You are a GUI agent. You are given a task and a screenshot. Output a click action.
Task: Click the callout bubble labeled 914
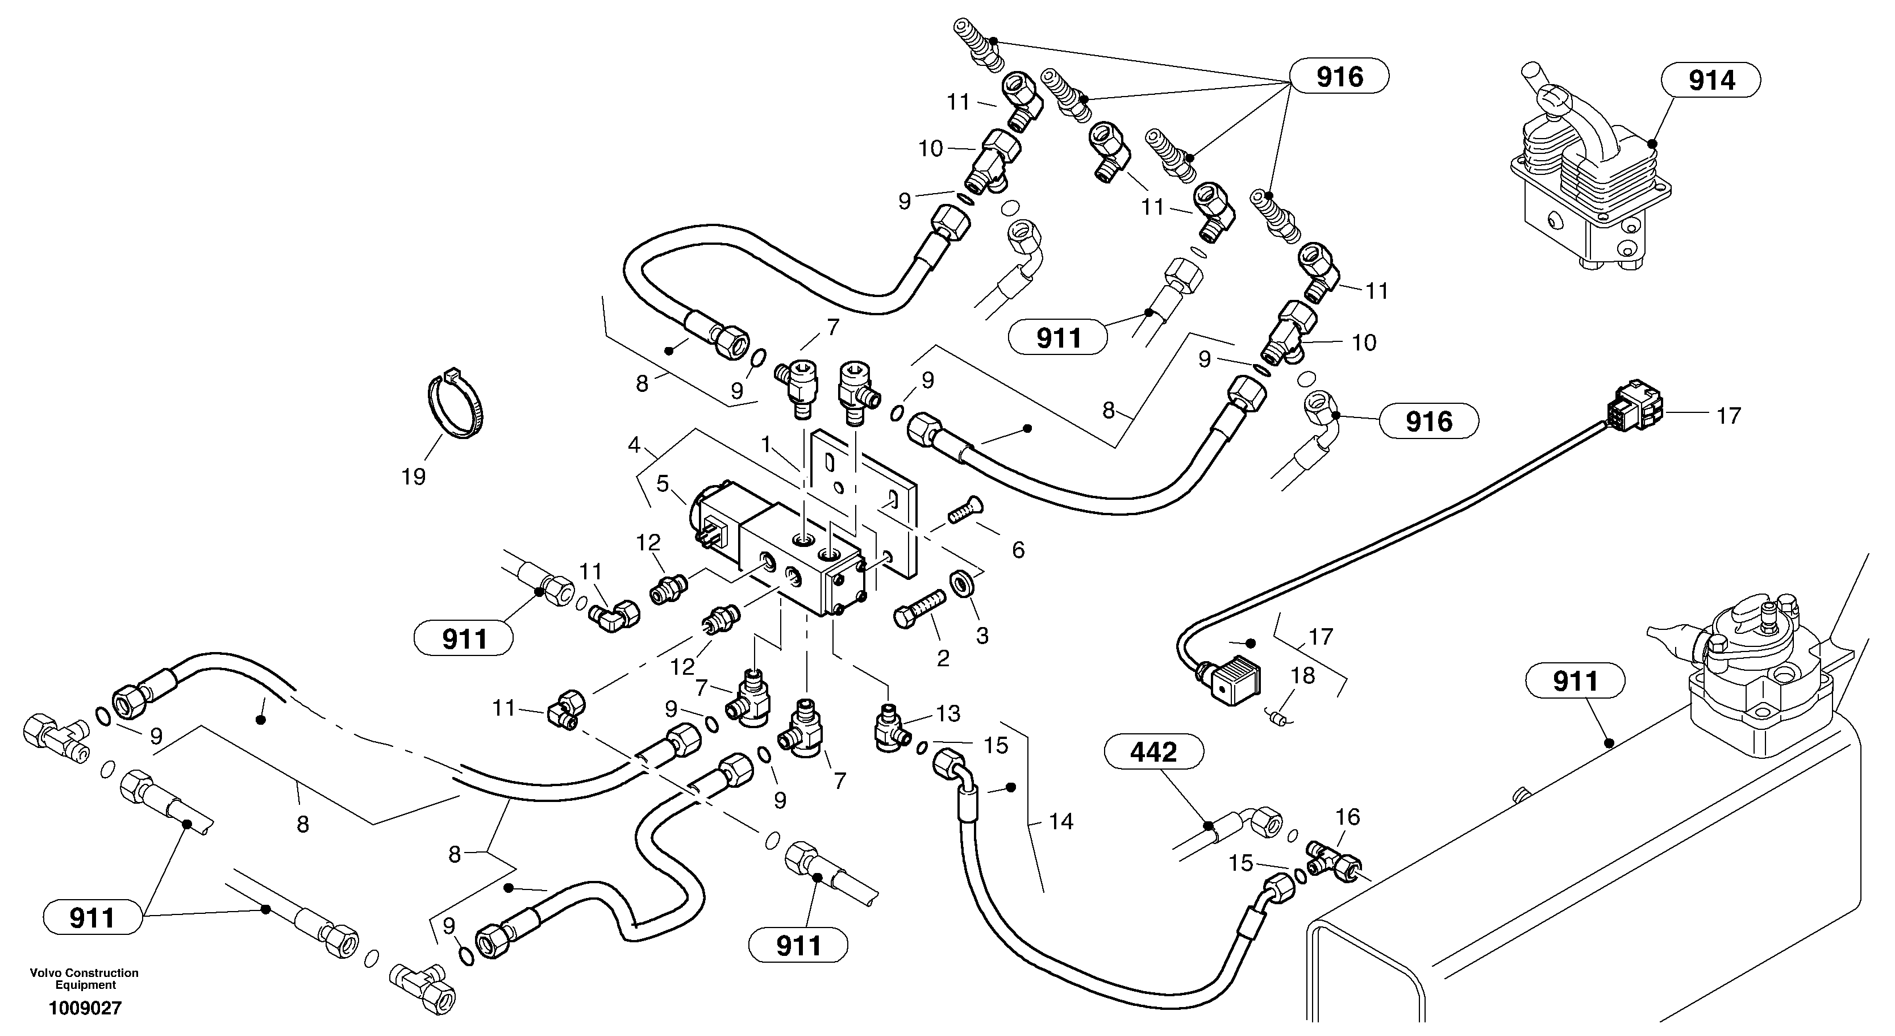(1712, 80)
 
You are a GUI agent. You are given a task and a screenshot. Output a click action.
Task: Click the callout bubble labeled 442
(1153, 752)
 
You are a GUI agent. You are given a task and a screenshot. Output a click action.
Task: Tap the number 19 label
(414, 477)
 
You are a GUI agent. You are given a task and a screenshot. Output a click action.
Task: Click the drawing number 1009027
(85, 1008)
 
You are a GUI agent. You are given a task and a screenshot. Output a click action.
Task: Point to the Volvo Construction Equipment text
(85, 978)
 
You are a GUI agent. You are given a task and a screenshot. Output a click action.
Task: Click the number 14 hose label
(1061, 821)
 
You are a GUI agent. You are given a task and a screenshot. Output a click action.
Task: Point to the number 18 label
(1303, 675)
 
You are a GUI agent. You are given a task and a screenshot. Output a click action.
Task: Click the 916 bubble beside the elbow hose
(1428, 421)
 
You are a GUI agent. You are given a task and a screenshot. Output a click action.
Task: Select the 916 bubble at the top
(1340, 77)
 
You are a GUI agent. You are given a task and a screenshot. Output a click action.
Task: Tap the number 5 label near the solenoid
(663, 484)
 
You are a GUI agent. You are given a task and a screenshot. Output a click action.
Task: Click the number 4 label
(634, 445)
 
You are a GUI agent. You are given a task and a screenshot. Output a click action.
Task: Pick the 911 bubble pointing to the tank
(1575, 681)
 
